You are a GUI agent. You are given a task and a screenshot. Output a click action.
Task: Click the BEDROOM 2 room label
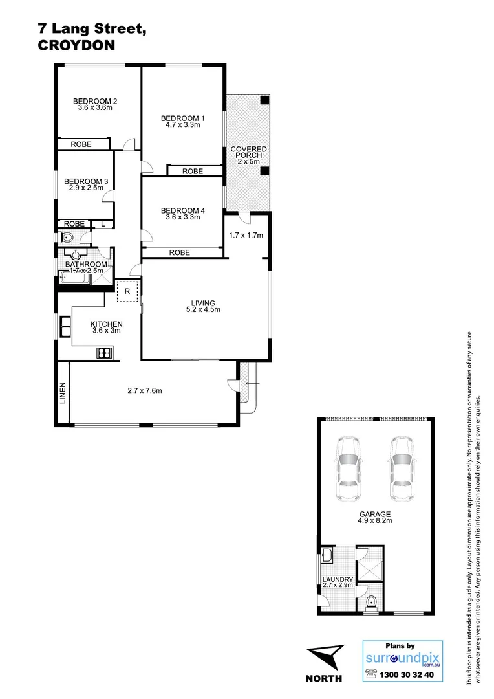[x=95, y=101]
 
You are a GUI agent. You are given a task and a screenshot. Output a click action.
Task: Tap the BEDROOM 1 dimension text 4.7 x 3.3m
[x=182, y=126]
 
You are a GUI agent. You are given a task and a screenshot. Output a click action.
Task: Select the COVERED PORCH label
[x=248, y=153]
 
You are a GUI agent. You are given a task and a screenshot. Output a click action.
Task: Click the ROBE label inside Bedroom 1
[x=192, y=172]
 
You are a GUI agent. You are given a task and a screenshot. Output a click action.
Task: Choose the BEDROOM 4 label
[x=182, y=210]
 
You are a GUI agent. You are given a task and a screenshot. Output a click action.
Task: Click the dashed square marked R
[x=127, y=291]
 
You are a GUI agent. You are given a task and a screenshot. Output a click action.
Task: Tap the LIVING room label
[x=202, y=302]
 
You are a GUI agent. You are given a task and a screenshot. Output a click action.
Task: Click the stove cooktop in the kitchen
[x=104, y=353]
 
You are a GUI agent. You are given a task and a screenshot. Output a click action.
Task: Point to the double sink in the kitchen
[x=65, y=327]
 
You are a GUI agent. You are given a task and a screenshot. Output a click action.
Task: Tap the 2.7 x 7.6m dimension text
[x=144, y=390]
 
